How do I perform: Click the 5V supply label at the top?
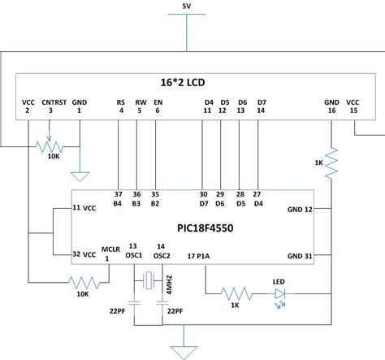(188, 7)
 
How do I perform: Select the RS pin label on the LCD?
(120, 103)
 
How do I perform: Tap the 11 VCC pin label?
(84, 207)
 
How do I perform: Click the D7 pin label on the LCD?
(259, 103)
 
